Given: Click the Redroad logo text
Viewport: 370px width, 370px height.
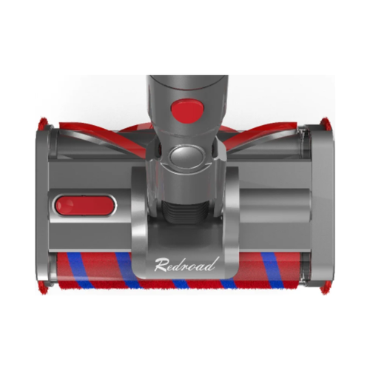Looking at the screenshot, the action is tap(186, 264).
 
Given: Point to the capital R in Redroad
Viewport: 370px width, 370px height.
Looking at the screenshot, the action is tap(161, 265).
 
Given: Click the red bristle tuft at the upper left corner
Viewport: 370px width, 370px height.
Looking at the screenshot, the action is tap(44, 124).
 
